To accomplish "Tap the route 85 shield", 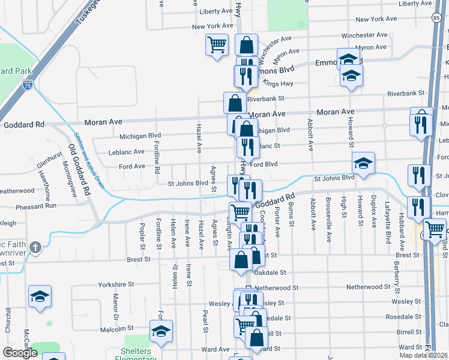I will tap(434, 19).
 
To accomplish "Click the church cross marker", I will tap(35, 247).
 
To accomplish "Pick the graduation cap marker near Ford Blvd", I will tap(363, 163).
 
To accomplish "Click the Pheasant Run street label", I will tap(37, 205).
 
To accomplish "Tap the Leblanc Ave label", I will tap(127, 152).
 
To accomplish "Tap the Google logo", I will tap(20, 353).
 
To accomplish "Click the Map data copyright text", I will tap(423, 355).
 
